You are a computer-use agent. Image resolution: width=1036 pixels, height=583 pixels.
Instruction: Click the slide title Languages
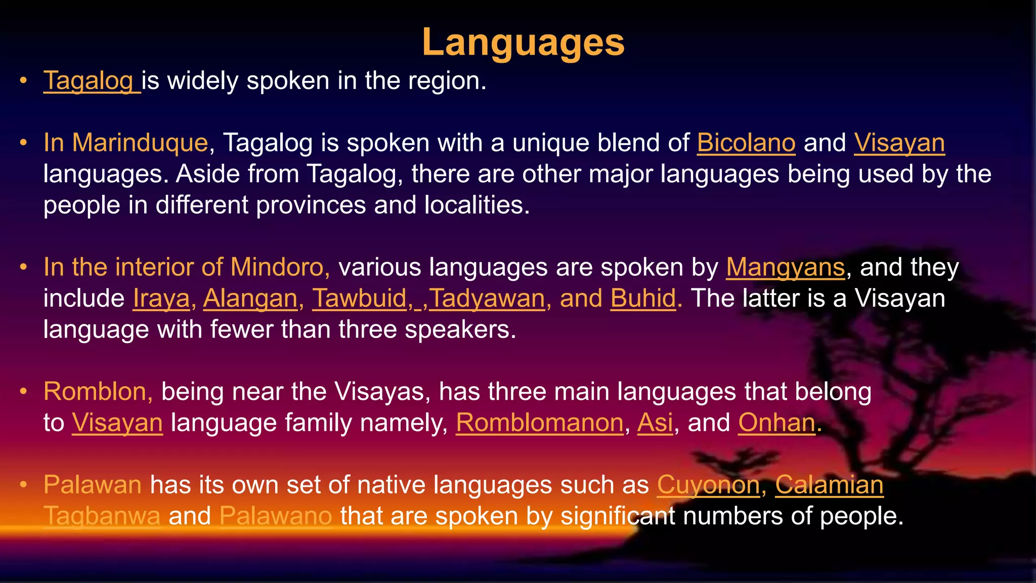tap(523, 43)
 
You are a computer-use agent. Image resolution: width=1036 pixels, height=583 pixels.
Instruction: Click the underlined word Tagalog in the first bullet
tap(89, 81)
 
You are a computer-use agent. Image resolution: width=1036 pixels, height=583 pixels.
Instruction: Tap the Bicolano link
tap(746, 143)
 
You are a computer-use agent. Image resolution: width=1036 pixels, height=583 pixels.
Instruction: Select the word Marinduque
tap(140, 143)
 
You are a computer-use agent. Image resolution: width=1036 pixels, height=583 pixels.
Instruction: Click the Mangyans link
tap(785, 268)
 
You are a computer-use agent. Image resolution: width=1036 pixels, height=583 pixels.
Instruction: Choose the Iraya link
tap(161, 299)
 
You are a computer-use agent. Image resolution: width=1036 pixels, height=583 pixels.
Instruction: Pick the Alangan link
tap(250, 299)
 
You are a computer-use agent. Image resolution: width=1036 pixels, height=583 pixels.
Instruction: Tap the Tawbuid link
tap(359, 299)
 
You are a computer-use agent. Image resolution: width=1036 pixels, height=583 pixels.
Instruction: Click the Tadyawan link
tap(487, 299)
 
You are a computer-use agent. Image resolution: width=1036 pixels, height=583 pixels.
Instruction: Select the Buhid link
tap(643, 299)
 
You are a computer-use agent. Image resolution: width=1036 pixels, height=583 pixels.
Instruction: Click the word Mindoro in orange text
tap(277, 268)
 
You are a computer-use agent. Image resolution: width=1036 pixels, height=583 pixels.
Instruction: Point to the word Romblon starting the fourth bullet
tap(95, 392)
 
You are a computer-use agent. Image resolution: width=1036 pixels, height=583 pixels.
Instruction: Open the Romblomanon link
tap(539, 423)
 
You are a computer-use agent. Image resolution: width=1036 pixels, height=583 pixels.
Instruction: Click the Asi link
tap(655, 423)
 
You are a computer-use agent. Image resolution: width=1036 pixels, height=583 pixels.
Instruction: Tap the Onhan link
tap(776, 423)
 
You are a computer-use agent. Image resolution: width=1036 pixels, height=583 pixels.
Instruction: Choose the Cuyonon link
tap(708, 485)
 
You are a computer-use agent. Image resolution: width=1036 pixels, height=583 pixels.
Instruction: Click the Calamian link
tap(829, 485)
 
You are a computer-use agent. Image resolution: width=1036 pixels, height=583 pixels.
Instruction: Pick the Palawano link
tap(276, 517)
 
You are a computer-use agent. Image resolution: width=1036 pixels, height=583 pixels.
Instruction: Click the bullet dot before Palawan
tap(23, 485)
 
